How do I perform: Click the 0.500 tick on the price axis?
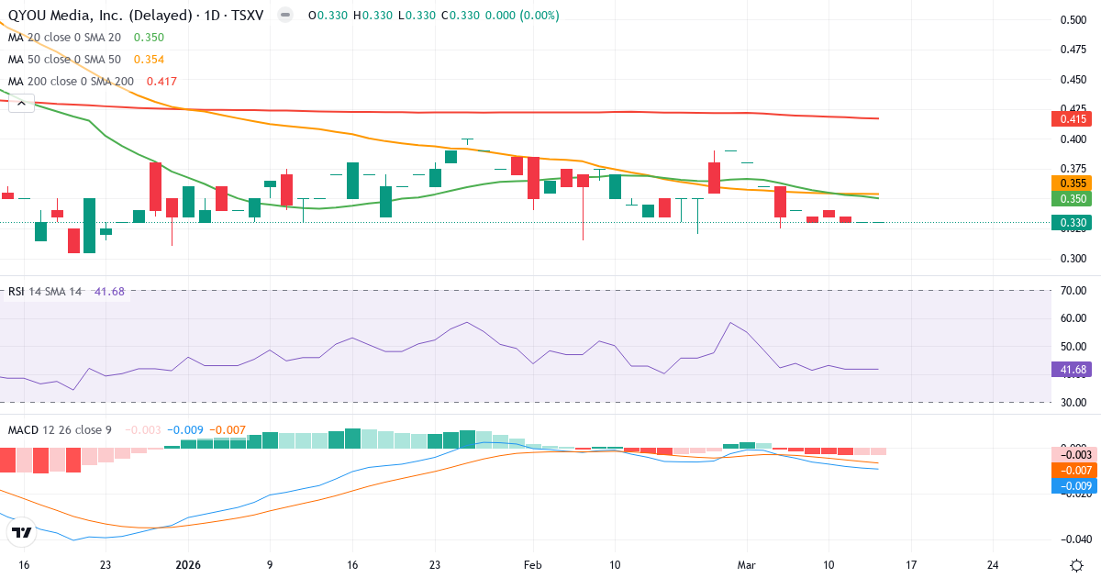click(x=1073, y=20)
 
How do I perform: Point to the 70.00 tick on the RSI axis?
click(x=1073, y=291)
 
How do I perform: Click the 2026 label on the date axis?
click(x=187, y=564)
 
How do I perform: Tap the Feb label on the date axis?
click(x=533, y=564)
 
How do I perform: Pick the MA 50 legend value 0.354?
click(x=149, y=60)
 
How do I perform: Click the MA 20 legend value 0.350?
click(x=149, y=38)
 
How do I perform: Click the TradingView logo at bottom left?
click(x=22, y=532)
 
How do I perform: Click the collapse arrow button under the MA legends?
click(x=21, y=105)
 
